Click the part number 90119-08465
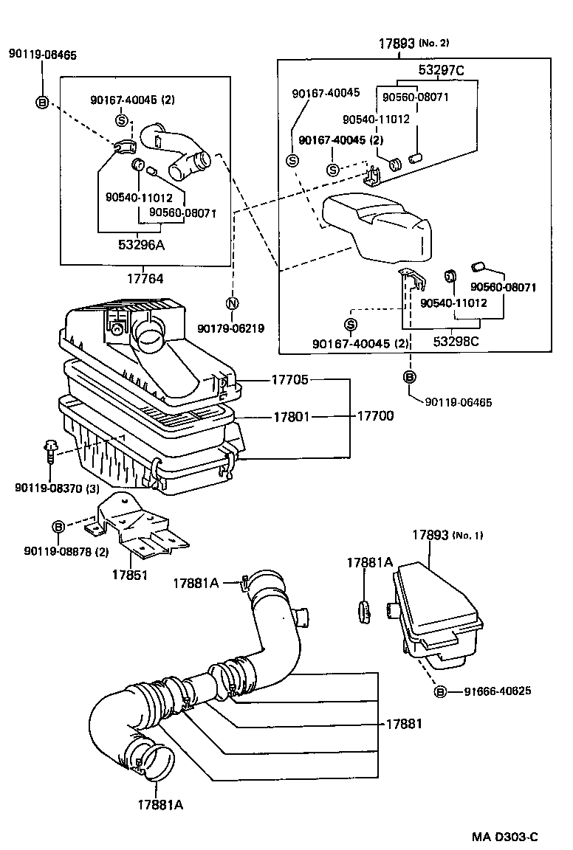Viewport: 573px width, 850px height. [x=42, y=54]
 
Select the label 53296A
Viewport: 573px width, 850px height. [x=140, y=246]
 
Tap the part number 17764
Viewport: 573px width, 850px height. [x=145, y=279]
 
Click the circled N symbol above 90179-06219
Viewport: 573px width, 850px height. [x=231, y=303]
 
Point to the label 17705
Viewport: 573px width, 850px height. [x=289, y=380]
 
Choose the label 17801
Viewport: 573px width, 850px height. [x=289, y=417]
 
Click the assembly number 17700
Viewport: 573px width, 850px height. [x=375, y=416]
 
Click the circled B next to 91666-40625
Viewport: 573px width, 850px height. [x=440, y=691]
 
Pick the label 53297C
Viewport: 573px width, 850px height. [x=442, y=71]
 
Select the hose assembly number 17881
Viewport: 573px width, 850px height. [x=404, y=724]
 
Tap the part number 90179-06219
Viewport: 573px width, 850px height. [x=232, y=328]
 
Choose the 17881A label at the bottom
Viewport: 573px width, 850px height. [x=159, y=804]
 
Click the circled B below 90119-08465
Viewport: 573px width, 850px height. [x=42, y=103]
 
